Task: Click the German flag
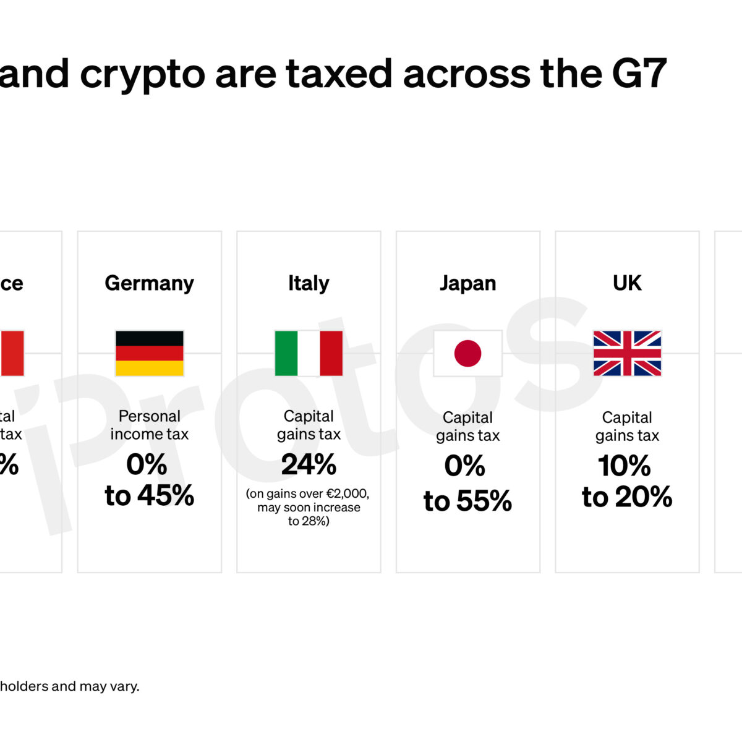click(149, 353)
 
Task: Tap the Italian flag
click(309, 353)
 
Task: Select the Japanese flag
click(467, 353)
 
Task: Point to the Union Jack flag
click(627, 353)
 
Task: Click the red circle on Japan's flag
click(467, 353)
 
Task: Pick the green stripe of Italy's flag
click(286, 353)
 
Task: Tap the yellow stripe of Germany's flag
click(149, 369)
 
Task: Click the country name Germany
click(149, 283)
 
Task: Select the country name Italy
click(309, 283)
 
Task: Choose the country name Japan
click(467, 283)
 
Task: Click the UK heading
click(627, 283)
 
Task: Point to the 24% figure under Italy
click(309, 465)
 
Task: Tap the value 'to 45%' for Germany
click(149, 496)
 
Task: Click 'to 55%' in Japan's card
click(467, 501)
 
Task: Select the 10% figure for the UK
click(625, 466)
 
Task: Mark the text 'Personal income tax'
click(149, 425)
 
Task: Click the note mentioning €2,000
click(308, 494)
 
